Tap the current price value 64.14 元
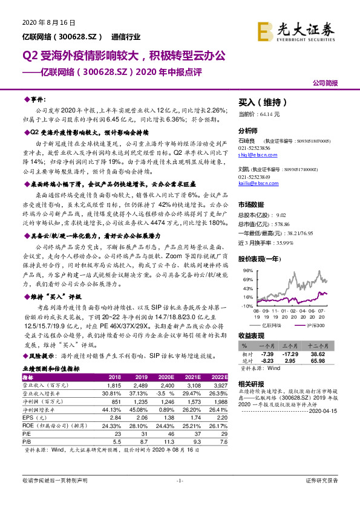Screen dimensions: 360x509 (267, 114)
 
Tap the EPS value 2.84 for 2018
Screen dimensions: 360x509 (114, 417)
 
